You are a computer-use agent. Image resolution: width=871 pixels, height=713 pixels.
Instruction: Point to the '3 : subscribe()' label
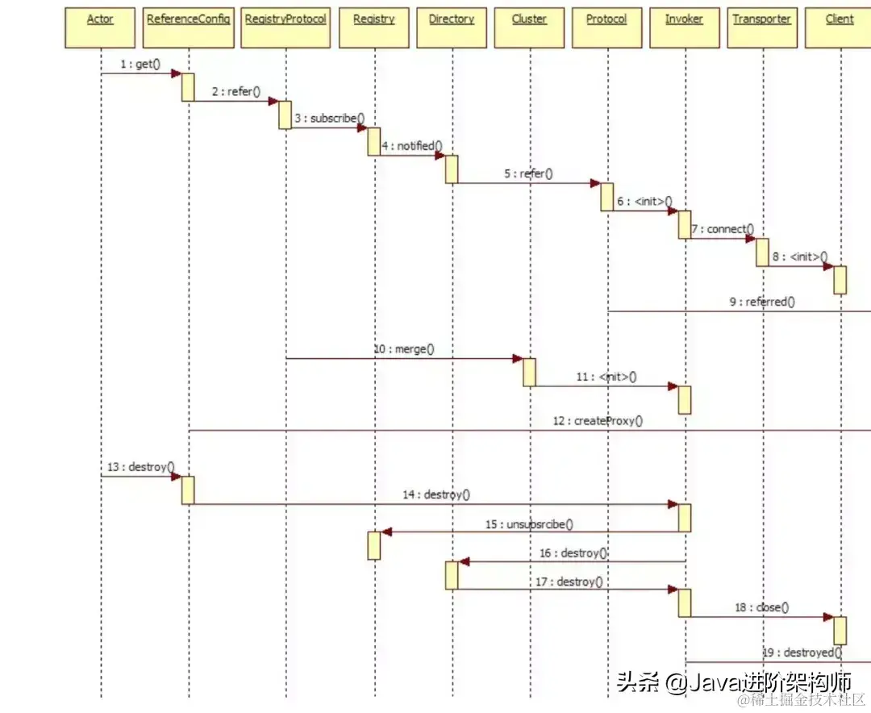coord(329,119)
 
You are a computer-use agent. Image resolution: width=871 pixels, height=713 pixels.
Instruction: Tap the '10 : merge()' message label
coord(403,349)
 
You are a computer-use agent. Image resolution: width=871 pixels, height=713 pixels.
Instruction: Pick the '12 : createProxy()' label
coord(598,420)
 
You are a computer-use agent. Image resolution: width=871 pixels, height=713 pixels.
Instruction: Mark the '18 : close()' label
coord(761,607)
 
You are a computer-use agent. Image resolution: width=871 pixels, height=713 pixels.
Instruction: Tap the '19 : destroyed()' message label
coord(802,653)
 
